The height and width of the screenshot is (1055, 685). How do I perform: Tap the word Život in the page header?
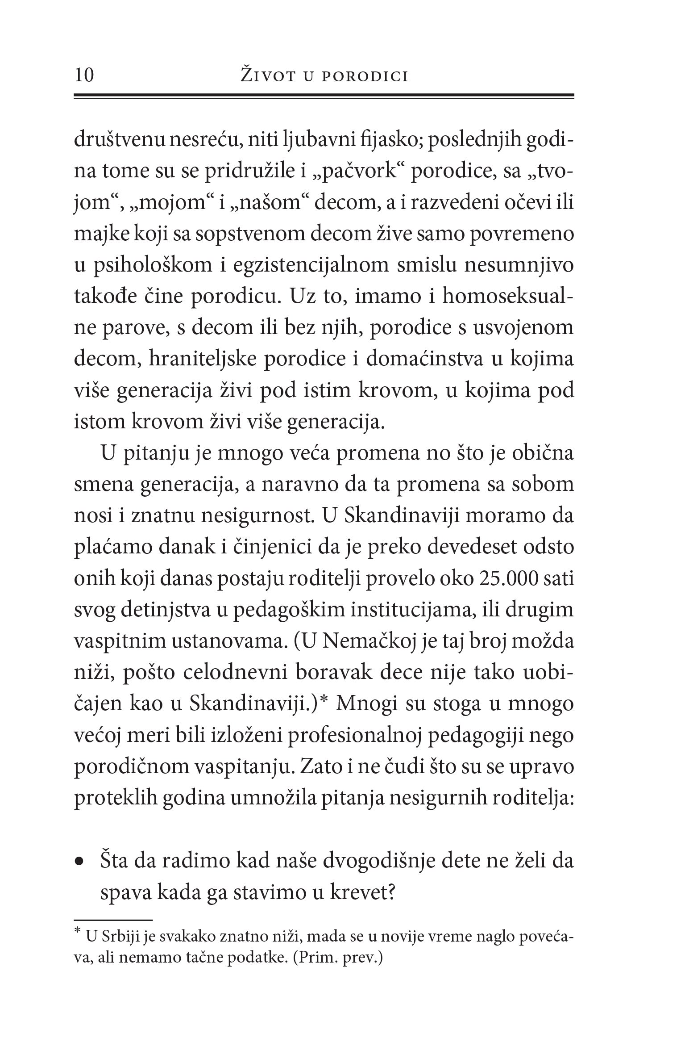266,75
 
